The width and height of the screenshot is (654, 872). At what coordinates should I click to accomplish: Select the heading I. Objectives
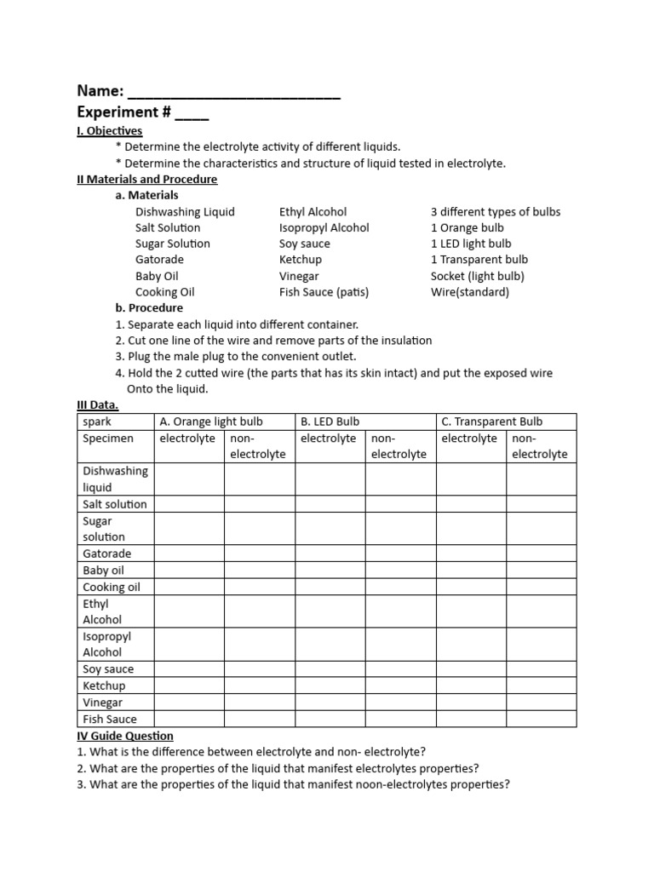click(x=110, y=131)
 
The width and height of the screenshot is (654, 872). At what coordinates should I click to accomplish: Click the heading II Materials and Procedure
click(x=147, y=180)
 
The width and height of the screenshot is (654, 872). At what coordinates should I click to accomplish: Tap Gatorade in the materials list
click(x=159, y=260)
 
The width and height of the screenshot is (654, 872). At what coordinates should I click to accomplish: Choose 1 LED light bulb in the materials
click(x=471, y=244)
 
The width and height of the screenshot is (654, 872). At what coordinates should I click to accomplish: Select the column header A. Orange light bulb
click(x=211, y=422)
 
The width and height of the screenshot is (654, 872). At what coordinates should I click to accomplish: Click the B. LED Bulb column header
click(x=330, y=422)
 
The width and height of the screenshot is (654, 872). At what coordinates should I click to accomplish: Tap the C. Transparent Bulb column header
click(x=491, y=422)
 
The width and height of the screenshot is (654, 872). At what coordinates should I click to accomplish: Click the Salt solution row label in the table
click(x=115, y=504)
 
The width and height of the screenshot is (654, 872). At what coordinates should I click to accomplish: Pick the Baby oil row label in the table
click(x=104, y=571)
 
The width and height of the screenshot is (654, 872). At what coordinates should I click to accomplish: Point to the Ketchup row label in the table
click(x=104, y=686)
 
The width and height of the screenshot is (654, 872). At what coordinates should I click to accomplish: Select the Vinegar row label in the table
click(x=103, y=703)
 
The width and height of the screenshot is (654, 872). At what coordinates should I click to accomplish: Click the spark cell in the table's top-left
click(x=97, y=422)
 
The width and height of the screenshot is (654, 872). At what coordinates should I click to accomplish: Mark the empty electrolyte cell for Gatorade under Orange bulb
click(x=188, y=554)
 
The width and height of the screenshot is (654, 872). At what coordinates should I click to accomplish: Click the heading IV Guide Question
click(x=125, y=736)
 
